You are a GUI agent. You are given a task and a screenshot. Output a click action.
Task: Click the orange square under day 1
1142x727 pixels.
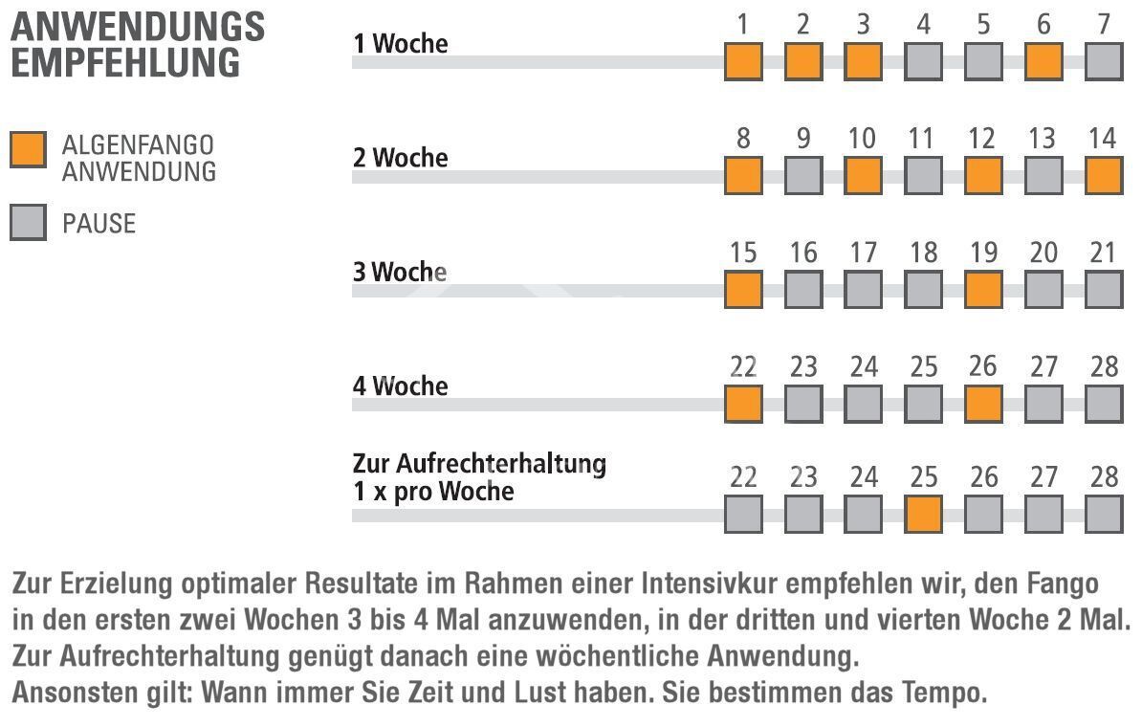pyautogui.click(x=743, y=62)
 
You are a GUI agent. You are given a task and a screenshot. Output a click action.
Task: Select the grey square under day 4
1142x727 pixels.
pyautogui.click(x=923, y=62)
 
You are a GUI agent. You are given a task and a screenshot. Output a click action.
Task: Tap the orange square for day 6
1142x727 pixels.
pyautogui.click(x=1043, y=62)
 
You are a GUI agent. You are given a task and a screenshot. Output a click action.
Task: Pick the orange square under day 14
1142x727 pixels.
pyautogui.click(x=1104, y=175)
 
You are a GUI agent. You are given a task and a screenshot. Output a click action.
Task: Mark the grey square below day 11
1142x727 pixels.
pyautogui.click(x=923, y=175)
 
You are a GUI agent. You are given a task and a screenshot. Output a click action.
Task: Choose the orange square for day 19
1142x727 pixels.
pyautogui.click(x=983, y=289)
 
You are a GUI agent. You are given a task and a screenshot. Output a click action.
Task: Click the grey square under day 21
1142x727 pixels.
pyautogui.click(x=1104, y=289)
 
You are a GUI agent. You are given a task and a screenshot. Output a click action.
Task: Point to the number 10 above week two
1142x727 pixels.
pyautogui.click(x=862, y=139)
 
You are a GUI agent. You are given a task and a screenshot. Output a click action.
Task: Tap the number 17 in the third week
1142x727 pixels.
pyautogui.click(x=863, y=253)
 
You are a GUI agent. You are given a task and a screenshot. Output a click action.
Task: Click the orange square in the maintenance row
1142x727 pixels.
pyautogui.click(x=923, y=515)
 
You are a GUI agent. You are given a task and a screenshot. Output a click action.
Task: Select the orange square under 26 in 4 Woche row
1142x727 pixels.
pyautogui.click(x=983, y=403)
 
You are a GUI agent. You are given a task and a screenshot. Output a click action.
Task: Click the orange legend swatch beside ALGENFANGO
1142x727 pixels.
pyautogui.click(x=28, y=150)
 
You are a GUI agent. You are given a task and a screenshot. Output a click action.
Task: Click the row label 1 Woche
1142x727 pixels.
pyautogui.click(x=400, y=44)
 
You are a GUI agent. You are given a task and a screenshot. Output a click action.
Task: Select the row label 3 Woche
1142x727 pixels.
pyautogui.click(x=400, y=272)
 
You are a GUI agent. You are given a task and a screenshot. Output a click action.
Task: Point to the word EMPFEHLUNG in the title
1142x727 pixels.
pyautogui.click(x=125, y=63)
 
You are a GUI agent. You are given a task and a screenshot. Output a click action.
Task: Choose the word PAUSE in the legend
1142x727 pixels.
pyautogui.click(x=99, y=224)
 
